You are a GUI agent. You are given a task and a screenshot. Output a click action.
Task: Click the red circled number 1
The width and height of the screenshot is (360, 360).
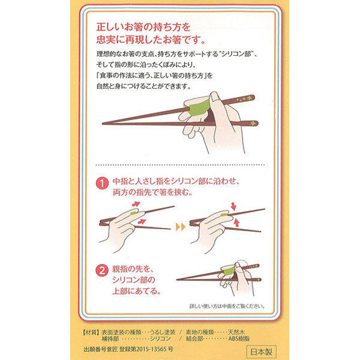102,183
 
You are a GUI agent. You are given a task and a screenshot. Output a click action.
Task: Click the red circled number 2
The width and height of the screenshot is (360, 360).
102,270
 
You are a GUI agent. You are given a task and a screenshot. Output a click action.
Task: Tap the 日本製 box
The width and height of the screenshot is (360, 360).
261,352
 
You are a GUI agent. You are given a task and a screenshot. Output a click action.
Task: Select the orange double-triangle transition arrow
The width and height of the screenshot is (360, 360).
180,227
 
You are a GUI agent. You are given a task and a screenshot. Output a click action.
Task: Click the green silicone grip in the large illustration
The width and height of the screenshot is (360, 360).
198,107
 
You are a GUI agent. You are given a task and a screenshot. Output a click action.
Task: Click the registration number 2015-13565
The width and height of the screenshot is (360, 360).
152,349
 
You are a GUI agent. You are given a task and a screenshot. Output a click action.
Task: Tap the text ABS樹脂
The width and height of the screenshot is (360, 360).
239,338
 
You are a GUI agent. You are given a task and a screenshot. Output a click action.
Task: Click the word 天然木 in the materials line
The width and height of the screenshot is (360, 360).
236,332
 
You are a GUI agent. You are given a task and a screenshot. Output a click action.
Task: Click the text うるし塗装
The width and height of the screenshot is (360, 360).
163,332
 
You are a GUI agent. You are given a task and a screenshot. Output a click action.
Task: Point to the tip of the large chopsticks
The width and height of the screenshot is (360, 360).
103,123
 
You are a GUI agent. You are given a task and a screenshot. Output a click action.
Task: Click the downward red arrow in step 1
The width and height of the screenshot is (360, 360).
234,206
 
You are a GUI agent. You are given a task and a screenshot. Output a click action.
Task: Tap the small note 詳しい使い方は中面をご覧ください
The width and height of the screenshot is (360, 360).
227,306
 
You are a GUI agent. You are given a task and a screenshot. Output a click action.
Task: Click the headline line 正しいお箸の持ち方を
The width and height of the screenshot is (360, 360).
143,27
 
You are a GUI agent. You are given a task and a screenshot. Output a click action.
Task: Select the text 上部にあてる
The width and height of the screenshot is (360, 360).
137,291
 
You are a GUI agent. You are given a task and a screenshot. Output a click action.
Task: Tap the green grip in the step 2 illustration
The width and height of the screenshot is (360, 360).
227,271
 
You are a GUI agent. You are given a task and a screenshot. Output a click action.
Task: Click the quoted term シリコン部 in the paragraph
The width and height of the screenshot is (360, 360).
237,54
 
